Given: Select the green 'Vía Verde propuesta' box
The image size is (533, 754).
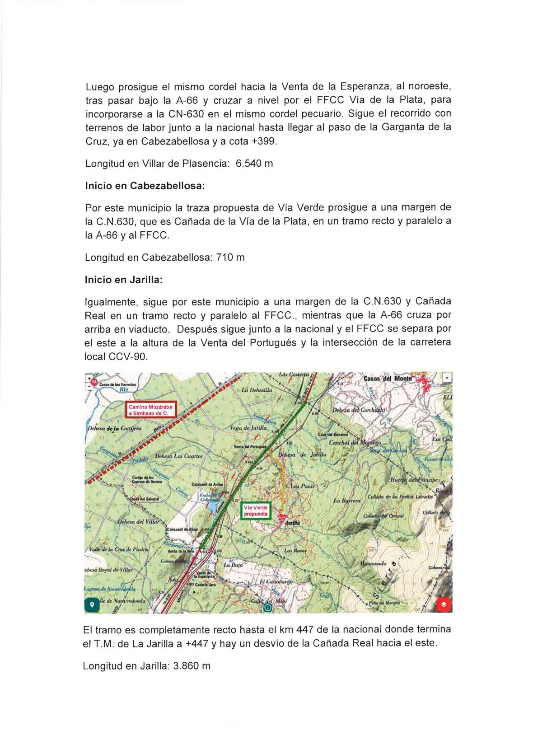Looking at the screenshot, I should click(256, 511).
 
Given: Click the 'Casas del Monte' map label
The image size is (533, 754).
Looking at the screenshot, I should click(387, 379).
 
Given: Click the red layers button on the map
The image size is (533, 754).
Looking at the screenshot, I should click(444, 604).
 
